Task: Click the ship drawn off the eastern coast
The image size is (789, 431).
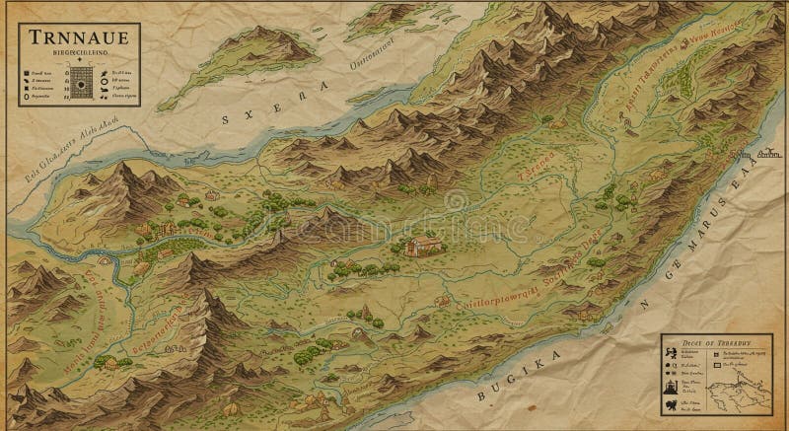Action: click(770, 154)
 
